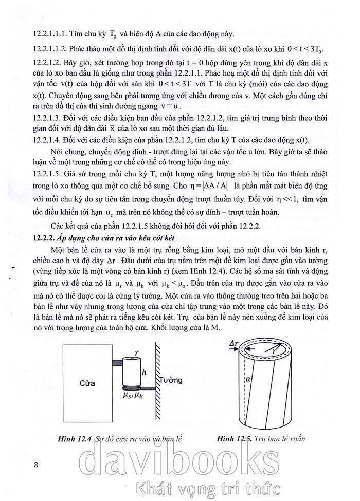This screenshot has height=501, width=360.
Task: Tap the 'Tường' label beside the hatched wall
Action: pos(170,380)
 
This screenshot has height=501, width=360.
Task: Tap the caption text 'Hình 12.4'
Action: pos(76,438)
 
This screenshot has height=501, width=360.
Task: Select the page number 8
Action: pos(35,465)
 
